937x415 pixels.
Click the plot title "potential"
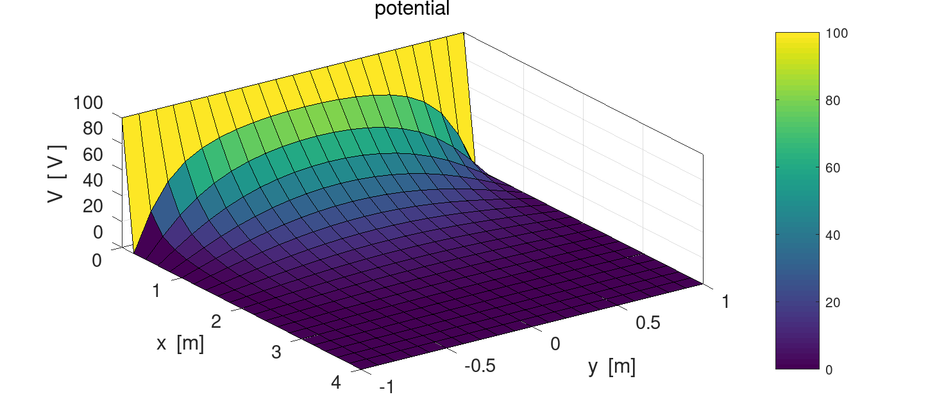click(412, 9)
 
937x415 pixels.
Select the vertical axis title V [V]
click(56, 174)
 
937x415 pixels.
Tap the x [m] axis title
click(180, 344)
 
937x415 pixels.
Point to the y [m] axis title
click(612, 367)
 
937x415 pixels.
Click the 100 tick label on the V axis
click(88, 103)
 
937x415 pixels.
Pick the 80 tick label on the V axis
click(93, 129)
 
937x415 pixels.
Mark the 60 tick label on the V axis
click(93, 155)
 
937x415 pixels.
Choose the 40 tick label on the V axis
click(93, 181)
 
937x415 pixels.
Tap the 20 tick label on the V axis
click(93, 207)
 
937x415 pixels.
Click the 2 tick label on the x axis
click(216, 321)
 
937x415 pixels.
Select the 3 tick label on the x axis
click(276, 352)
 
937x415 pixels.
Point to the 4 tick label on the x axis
click(337, 383)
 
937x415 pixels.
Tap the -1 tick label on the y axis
click(387, 387)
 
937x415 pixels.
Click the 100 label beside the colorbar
click(838, 33)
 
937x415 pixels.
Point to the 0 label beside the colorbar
click(829, 370)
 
